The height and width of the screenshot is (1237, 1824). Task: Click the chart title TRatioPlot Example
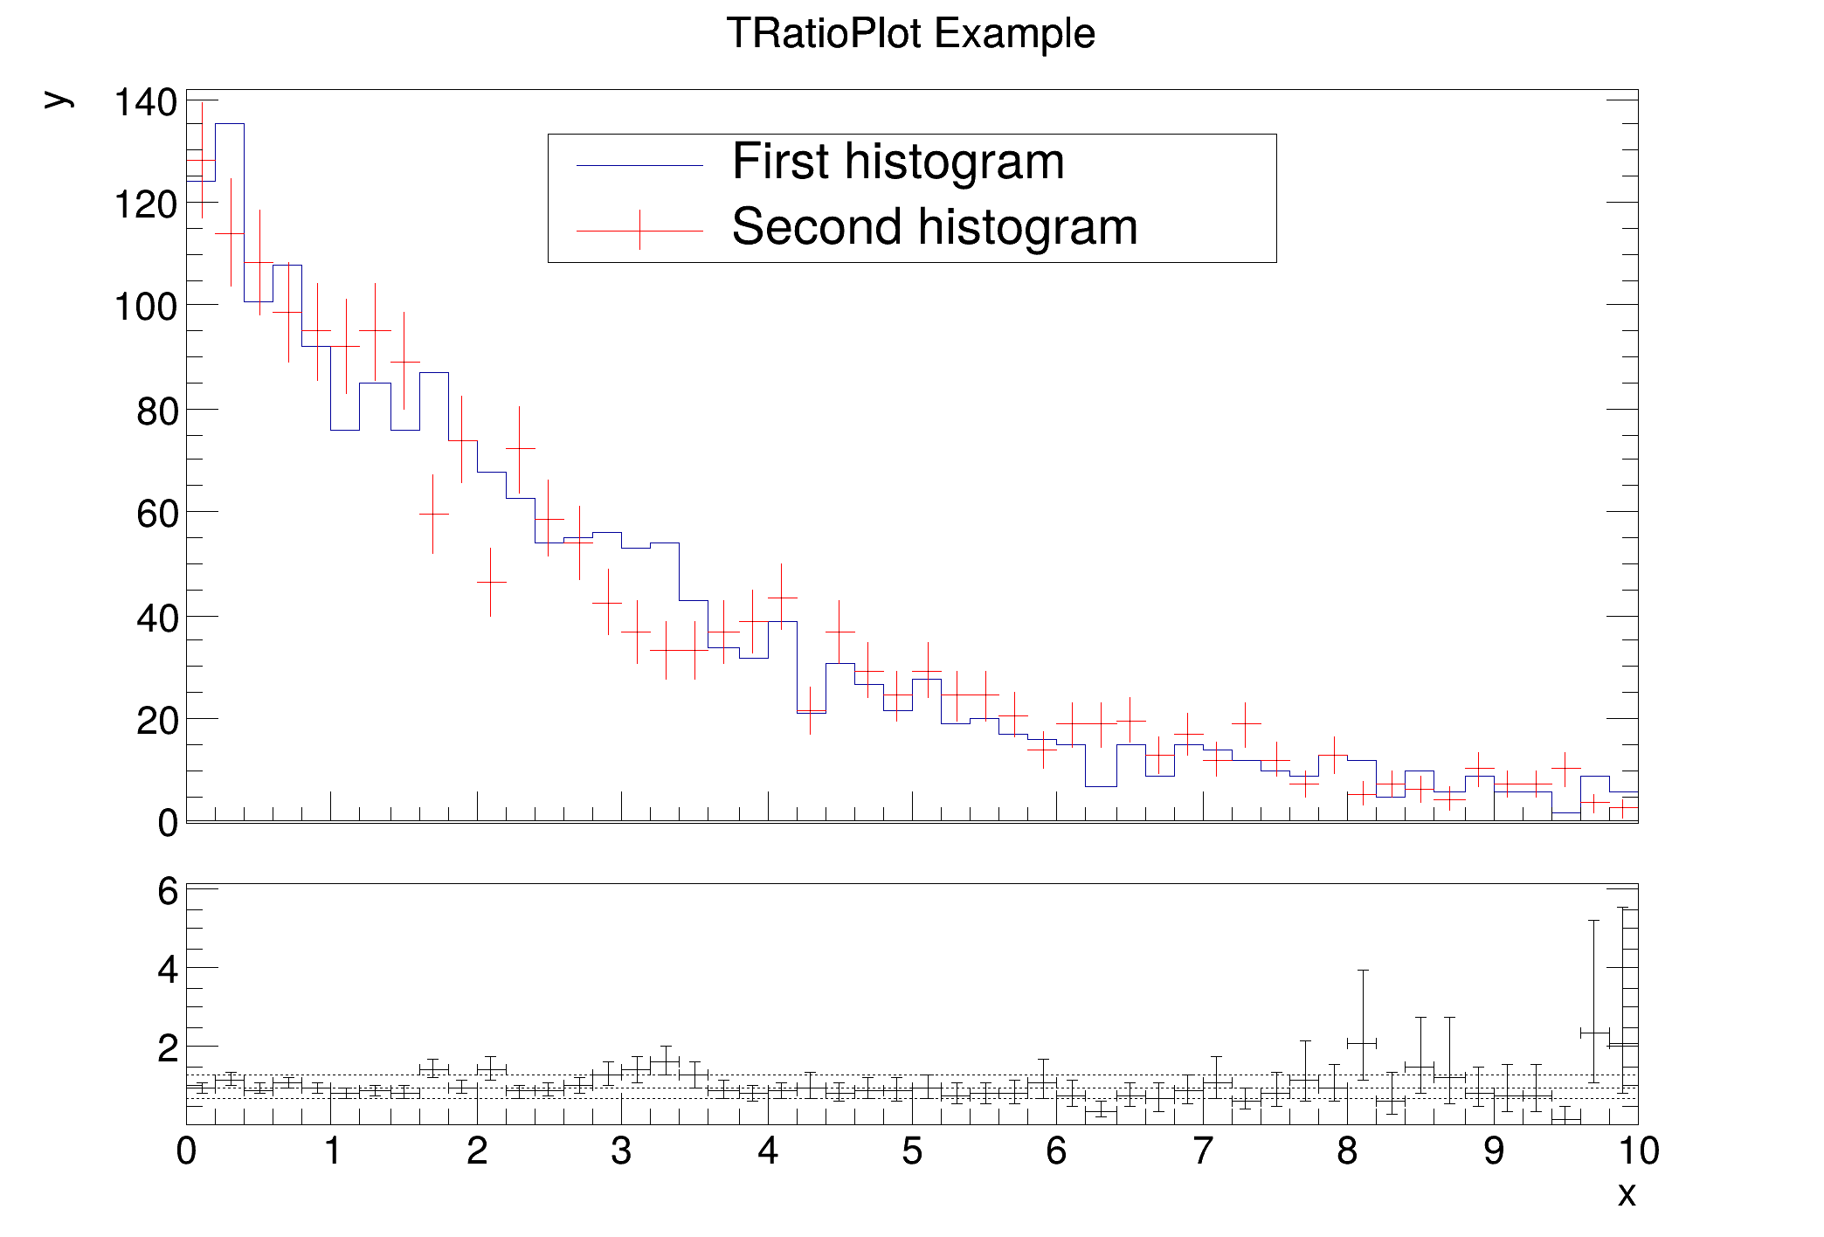[910, 34]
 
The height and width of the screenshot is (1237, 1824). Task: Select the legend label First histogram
[898, 162]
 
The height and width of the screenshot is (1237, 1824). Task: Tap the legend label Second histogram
[935, 227]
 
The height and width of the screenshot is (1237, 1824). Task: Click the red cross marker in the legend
[639, 231]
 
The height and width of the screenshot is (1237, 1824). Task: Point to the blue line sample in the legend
[639, 166]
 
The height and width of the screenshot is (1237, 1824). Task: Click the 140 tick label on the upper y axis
[145, 102]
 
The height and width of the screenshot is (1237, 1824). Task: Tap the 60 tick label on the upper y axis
[156, 514]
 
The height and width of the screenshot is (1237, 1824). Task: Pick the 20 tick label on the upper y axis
[156, 721]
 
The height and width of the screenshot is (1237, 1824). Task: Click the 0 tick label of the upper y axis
[168, 823]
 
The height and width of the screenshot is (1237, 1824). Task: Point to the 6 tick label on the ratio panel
[168, 892]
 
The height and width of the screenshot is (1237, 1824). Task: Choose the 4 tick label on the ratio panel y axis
[168, 970]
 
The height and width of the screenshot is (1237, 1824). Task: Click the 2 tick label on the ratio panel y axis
[168, 1048]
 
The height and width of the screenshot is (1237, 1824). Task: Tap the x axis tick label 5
[912, 1151]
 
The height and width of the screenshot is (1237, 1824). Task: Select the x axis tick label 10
[1638, 1151]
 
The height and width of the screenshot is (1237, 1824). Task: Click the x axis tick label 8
[1347, 1151]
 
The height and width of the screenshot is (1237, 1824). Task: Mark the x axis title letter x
[1626, 1194]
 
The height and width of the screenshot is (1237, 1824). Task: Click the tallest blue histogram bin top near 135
[230, 124]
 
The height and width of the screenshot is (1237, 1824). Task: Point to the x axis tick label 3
[621, 1151]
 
